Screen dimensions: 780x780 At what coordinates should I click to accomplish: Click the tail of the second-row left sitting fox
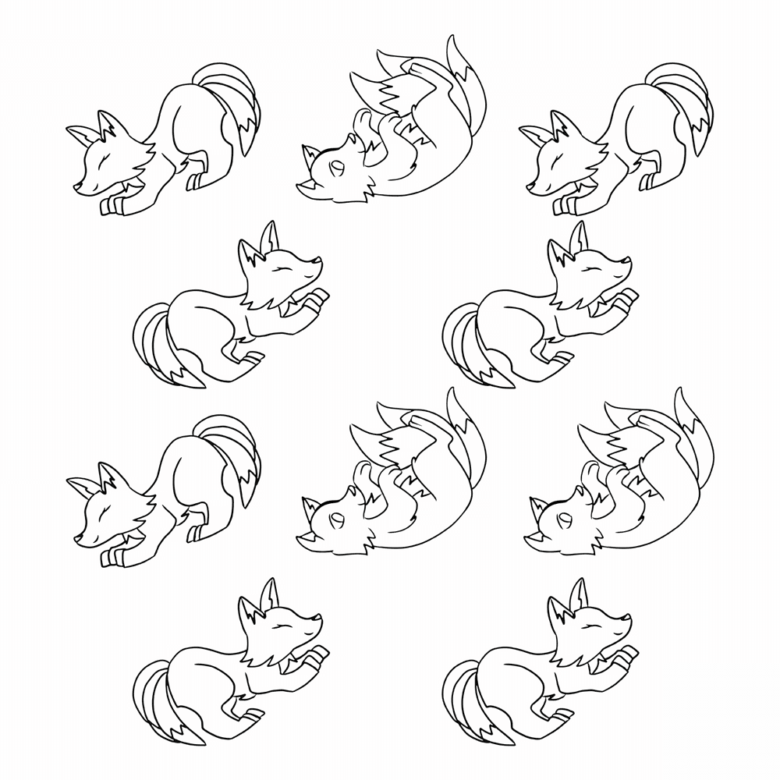click(x=160, y=351)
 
